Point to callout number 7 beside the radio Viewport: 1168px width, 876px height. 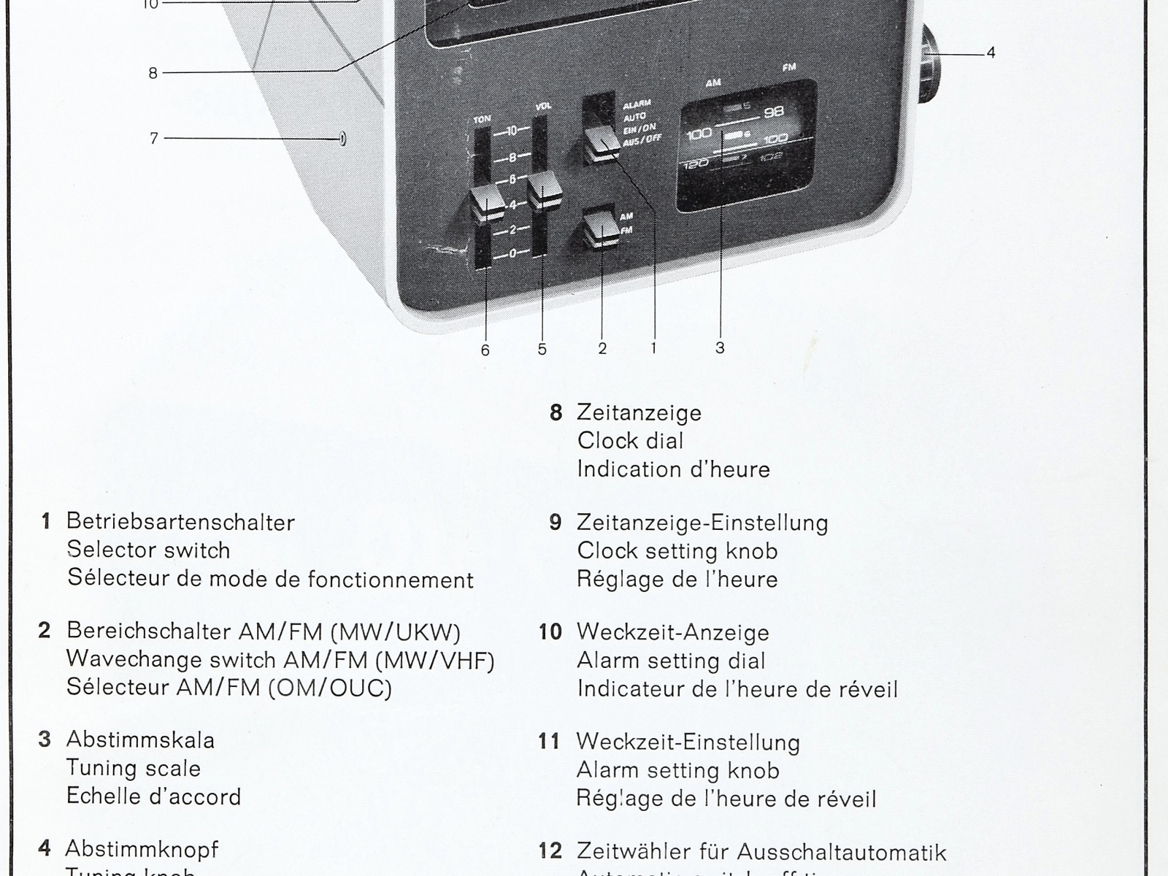click(x=153, y=138)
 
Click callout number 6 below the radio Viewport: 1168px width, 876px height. click(x=485, y=350)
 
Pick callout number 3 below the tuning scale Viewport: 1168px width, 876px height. click(x=720, y=348)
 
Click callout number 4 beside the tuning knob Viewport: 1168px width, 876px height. click(x=991, y=53)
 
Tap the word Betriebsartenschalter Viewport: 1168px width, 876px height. click(x=180, y=522)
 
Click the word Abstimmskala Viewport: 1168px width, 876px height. click(x=140, y=739)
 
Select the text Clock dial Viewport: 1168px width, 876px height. click(x=630, y=441)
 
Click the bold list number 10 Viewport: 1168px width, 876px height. click(x=551, y=632)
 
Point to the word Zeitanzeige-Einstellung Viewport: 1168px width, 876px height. click(x=702, y=523)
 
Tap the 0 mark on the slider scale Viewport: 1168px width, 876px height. click(x=512, y=253)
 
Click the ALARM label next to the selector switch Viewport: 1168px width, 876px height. click(x=637, y=105)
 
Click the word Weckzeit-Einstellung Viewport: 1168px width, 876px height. click(x=688, y=742)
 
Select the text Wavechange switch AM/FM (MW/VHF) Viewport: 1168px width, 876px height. click(x=280, y=660)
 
